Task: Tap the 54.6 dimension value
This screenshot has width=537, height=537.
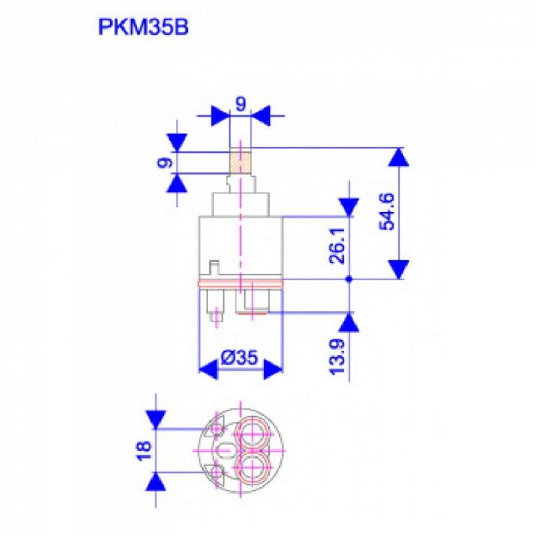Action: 388,213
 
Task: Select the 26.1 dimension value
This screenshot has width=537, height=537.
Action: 338,248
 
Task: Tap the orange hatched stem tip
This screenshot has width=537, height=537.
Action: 241,162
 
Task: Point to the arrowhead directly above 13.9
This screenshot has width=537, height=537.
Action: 349,321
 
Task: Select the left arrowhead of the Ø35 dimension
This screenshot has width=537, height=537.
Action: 209,369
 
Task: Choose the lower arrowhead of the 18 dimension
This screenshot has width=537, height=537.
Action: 156,482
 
